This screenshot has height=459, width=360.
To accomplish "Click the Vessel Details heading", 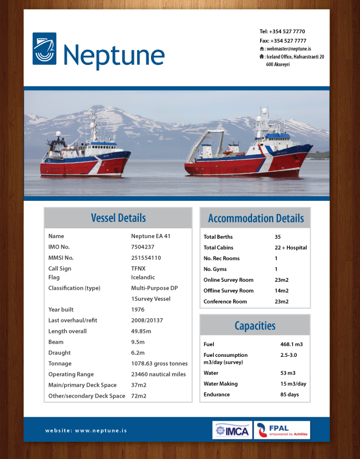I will [118, 218].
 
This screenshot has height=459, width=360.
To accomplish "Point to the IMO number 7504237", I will [142, 247].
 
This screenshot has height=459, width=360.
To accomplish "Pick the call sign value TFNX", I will [138, 269].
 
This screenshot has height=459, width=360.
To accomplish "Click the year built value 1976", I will [138, 309].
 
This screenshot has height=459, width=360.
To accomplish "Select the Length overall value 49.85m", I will [141, 331].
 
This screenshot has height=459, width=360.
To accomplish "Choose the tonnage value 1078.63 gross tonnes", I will [159, 364].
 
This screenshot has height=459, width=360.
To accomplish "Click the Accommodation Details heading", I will [256, 218].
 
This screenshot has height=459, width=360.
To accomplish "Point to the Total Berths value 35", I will [278, 236].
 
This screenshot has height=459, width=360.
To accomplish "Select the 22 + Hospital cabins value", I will [291, 247].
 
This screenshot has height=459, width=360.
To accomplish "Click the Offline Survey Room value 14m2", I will [281, 291].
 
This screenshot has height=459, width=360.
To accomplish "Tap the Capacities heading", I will [255, 326].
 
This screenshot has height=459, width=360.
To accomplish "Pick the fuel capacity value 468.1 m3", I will [291, 344].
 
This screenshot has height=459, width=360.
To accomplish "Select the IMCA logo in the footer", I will [232, 430].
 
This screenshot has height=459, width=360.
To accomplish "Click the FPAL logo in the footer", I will [282, 430].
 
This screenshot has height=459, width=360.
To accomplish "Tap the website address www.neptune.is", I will [86, 430].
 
